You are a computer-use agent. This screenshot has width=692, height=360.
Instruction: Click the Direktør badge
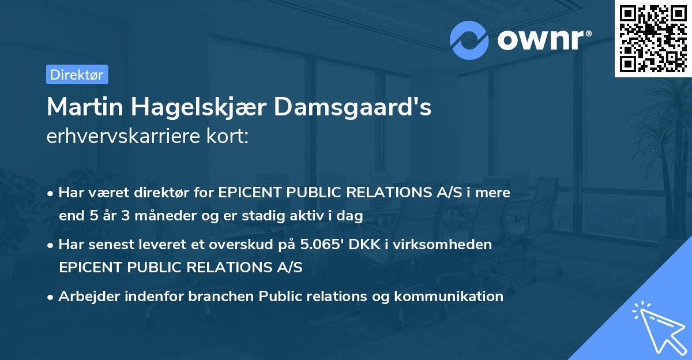click(77, 74)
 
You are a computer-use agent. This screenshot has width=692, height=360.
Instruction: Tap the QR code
click(653, 38)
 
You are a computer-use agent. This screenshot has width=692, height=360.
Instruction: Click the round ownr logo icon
click(469, 40)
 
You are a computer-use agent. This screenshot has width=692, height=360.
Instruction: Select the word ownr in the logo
click(539, 40)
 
